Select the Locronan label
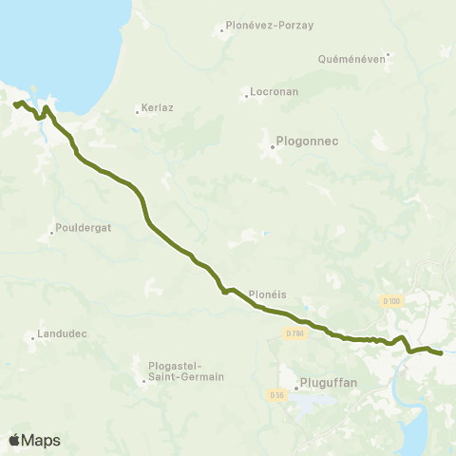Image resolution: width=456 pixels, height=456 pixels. click(275, 93)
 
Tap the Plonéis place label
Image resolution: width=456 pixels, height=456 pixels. click(267, 294)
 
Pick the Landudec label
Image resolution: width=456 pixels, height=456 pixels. click(63, 334)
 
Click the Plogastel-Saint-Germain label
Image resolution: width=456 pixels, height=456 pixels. click(186, 370)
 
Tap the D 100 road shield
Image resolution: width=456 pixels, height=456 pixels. click(392, 301)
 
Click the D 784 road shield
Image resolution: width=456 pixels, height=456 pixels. click(294, 333)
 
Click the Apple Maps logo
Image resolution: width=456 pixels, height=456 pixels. click(33, 440)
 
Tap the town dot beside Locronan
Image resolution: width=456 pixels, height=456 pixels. click(246, 96)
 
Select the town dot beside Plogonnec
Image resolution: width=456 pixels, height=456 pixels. click(272, 146)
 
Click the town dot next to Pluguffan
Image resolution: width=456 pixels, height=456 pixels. click(294, 386)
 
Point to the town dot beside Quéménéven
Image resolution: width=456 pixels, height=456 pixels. click(388, 54)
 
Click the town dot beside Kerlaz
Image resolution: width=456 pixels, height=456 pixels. click(137, 112)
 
